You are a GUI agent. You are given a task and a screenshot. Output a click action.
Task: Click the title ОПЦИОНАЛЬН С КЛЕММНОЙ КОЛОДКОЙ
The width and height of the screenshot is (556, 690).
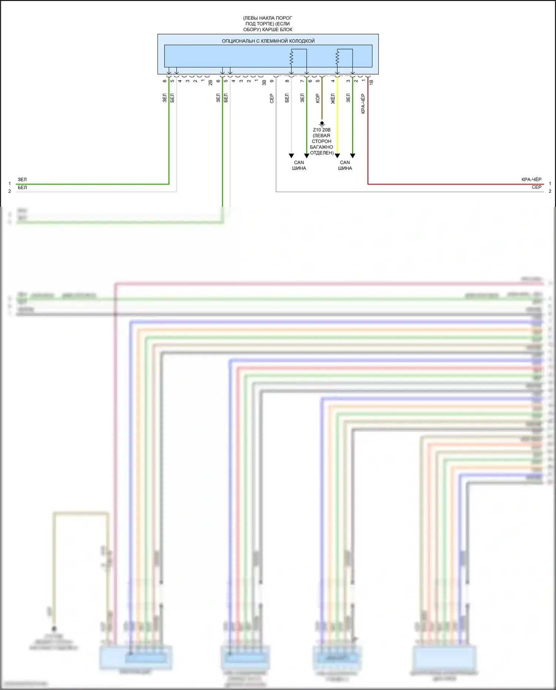click(x=268, y=41)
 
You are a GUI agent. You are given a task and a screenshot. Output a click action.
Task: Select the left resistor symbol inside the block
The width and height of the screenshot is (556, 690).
click(x=291, y=57)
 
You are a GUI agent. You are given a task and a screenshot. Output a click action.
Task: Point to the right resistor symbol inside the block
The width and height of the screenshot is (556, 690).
click(x=337, y=57)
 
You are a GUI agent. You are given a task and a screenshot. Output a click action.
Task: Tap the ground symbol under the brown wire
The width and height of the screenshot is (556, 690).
click(x=322, y=124)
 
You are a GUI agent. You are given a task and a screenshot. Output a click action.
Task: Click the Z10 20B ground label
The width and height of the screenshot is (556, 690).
click(x=321, y=130)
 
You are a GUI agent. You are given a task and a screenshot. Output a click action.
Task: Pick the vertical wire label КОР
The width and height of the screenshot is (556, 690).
click(x=317, y=98)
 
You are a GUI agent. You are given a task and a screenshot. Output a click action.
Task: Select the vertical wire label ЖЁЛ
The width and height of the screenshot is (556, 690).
click(x=333, y=99)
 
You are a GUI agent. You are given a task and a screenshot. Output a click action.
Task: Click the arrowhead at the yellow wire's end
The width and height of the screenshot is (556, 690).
click(x=337, y=156)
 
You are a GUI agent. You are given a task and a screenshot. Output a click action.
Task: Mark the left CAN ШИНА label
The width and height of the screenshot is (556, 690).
click(x=299, y=165)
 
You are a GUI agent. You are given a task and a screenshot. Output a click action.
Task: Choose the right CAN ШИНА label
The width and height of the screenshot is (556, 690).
click(x=345, y=165)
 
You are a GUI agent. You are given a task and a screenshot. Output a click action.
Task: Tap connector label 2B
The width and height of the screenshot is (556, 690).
click(x=211, y=82)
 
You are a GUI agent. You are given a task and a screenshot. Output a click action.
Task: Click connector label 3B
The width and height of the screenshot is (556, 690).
click(x=264, y=82)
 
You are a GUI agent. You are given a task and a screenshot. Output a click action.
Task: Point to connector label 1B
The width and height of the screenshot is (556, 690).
click(x=371, y=82)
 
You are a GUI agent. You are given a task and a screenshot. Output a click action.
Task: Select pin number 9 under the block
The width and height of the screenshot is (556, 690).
click(x=272, y=81)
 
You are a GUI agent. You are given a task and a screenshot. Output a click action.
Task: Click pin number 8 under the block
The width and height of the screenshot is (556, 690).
click(x=287, y=81)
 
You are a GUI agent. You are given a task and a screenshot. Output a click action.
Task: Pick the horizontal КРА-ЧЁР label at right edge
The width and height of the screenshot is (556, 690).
click(x=531, y=179)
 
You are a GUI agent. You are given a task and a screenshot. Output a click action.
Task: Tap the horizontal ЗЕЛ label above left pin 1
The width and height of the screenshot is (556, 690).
click(x=22, y=179)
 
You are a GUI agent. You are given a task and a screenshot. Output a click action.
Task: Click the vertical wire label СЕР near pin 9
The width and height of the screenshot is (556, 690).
click(x=272, y=98)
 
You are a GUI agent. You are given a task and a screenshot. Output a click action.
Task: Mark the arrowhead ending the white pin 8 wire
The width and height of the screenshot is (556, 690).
click(x=291, y=156)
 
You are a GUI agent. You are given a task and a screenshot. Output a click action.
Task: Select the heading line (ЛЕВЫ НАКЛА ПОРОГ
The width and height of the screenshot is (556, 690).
click(x=268, y=18)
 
